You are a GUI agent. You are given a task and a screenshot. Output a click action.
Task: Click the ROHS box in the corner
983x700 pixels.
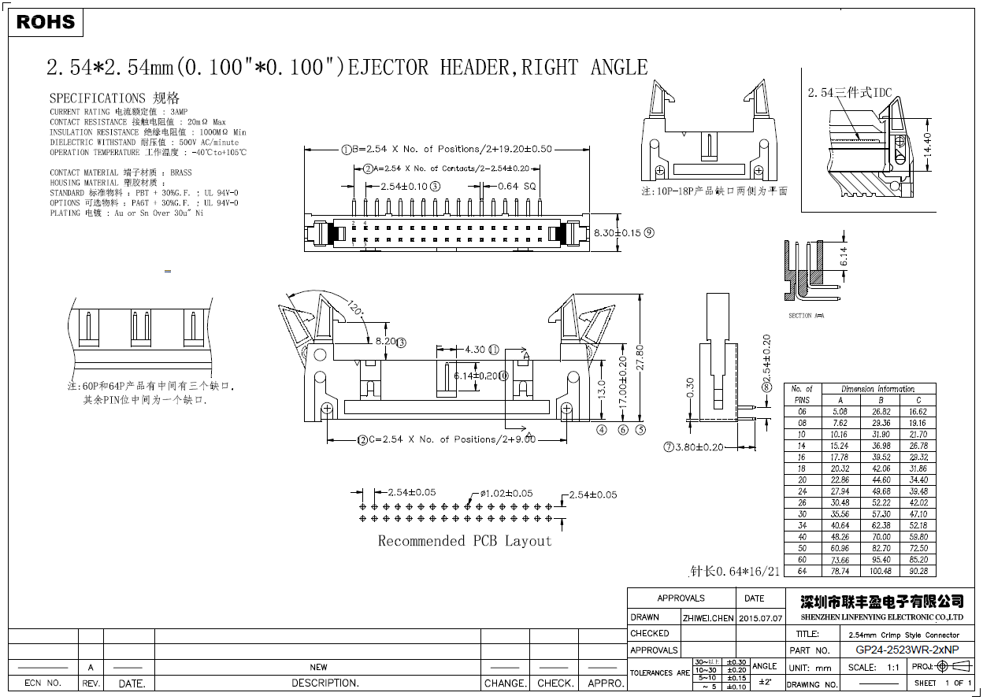46,22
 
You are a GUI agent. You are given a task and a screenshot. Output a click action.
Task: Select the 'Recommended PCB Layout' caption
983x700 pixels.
465,541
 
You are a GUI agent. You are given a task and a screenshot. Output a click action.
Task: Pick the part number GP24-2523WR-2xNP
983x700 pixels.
907,650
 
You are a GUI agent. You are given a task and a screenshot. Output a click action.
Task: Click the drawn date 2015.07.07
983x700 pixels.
760,618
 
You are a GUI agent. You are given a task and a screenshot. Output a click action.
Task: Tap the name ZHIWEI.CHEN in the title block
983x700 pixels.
707,618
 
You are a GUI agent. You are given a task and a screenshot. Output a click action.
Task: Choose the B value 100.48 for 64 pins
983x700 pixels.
881,571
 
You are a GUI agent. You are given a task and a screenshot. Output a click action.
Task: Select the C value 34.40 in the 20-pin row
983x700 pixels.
918,480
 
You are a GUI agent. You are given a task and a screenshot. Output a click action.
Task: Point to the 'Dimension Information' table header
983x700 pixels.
877,389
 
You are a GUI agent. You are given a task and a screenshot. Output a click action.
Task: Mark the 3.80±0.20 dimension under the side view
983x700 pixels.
699,447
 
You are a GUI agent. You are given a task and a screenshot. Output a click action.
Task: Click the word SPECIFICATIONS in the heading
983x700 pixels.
97,98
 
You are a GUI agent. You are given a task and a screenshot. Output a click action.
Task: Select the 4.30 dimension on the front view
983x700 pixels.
475,350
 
